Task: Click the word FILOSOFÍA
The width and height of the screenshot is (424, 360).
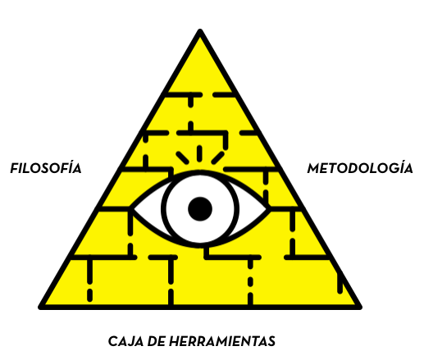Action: coord(46,168)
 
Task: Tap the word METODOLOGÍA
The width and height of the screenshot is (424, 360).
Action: coord(360,168)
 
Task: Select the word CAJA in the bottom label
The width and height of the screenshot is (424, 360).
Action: coord(126,341)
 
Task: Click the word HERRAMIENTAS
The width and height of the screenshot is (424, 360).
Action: coord(222,341)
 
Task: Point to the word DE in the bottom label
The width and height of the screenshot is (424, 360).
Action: coord(157,341)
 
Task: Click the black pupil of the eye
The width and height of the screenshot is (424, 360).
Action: coord(200,209)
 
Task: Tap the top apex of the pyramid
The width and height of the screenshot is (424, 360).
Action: coord(200,31)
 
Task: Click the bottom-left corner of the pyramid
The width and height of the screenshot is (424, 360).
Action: coord(41,308)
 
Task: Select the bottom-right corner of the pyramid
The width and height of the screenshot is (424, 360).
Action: coord(359,308)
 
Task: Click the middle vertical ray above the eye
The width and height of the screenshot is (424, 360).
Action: coord(199,153)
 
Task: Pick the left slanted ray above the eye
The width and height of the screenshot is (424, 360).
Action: coord(182,158)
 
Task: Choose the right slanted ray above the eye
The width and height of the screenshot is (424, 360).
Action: coord(218,158)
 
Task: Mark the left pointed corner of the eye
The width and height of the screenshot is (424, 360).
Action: coord(132,209)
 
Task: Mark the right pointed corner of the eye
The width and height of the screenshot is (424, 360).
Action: coord(269,209)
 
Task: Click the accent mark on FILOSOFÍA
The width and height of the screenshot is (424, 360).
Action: coord(71,162)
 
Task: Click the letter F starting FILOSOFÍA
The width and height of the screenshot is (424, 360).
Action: coord(15,168)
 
